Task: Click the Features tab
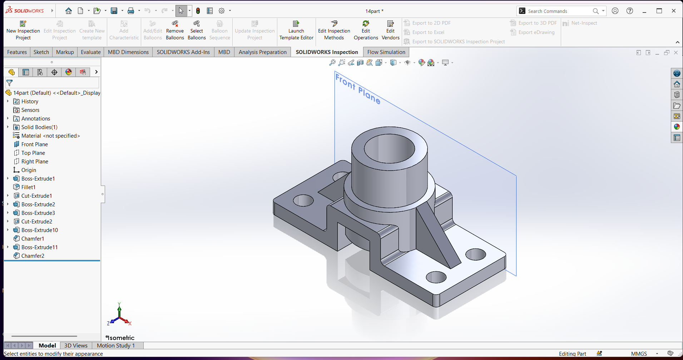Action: pyautogui.click(x=17, y=52)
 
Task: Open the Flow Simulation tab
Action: pyautogui.click(x=386, y=52)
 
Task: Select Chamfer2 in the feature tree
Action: pyautogui.click(x=33, y=256)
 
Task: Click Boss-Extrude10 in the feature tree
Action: pyautogui.click(x=39, y=230)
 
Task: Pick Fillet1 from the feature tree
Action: pyautogui.click(x=28, y=187)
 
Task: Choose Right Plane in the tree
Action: pyautogui.click(x=34, y=162)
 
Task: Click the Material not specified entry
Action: pyautogui.click(x=50, y=136)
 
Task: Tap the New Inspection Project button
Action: pyautogui.click(x=23, y=30)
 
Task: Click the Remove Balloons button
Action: pyautogui.click(x=175, y=30)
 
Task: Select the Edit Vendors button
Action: pyautogui.click(x=390, y=30)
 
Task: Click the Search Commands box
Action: pyautogui.click(x=558, y=11)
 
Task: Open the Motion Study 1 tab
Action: pyautogui.click(x=116, y=345)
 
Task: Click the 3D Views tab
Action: pyautogui.click(x=76, y=345)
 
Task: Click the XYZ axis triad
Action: pyautogui.click(x=119, y=316)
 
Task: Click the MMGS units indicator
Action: pyautogui.click(x=639, y=354)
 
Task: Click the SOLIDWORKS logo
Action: pyautogui.click(x=25, y=11)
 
